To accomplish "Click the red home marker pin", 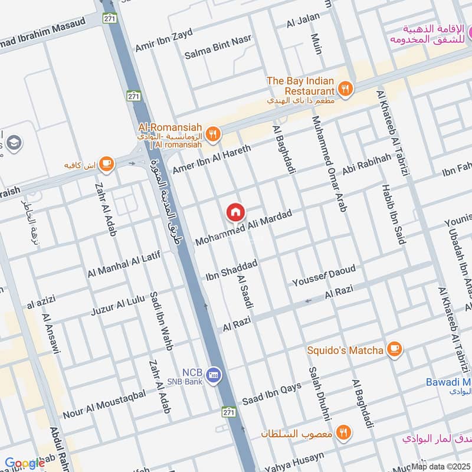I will pyautogui.click(x=235, y=212).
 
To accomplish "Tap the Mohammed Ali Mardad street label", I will pyautogui.click(x=244, y=228).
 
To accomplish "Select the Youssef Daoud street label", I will pyautogui.click(x=324, y=276).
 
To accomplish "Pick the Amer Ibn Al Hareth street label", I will pyautogui.click(x=211, y=159).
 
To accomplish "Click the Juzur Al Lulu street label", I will pyautogui.click(x=118, y=304).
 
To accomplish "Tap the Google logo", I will pyautogui.click(x=24, y=463).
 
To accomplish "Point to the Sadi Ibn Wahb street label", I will pyautogui.click(x=160, y=320).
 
